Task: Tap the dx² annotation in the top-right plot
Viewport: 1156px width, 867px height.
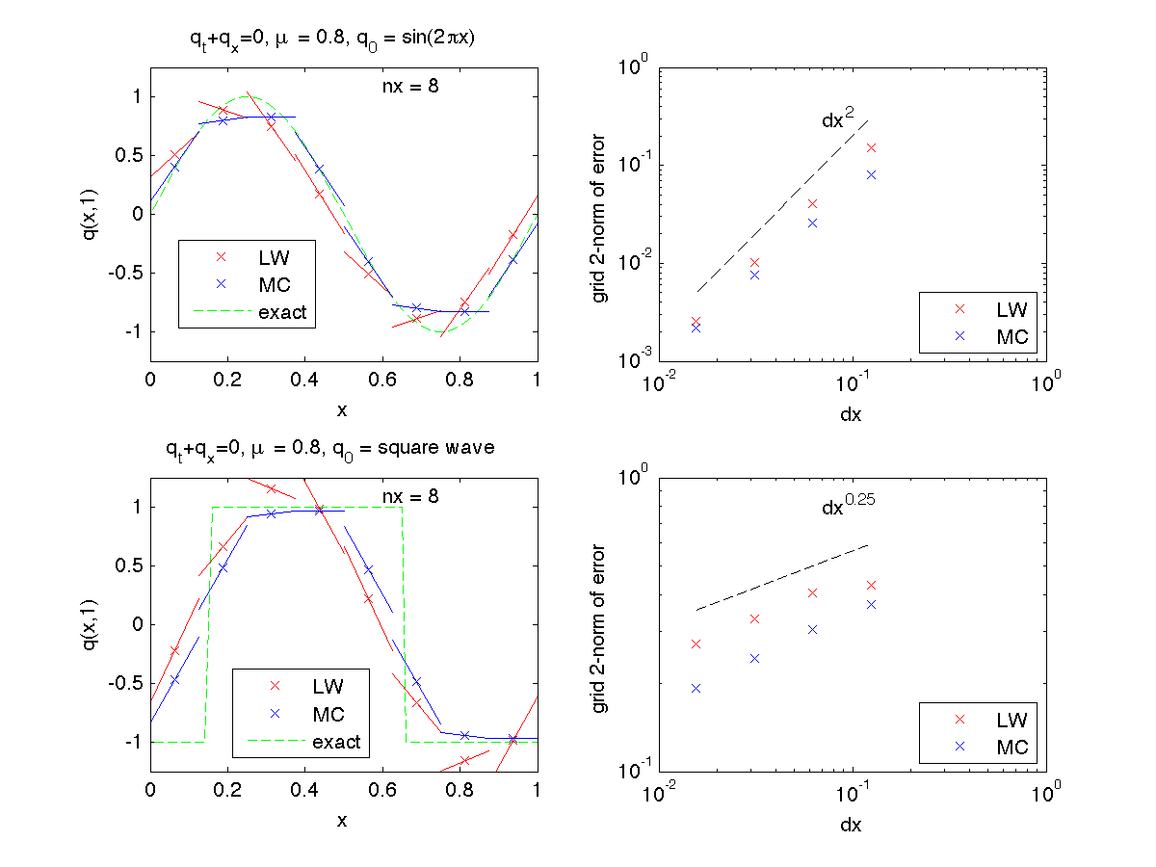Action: [x=837, y=119]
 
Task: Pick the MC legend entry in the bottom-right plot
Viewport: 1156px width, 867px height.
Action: [x=1011, y=747]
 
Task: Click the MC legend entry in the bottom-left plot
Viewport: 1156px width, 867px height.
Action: [x=328, y=714]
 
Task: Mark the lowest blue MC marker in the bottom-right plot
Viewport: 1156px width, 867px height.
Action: [x=696, y=688]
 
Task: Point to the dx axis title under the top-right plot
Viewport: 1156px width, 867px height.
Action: [x=852, y=414]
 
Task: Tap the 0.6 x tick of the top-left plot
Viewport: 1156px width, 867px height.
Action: [x=382, y=380]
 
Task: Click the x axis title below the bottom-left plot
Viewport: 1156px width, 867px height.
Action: [x=342, y=820]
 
